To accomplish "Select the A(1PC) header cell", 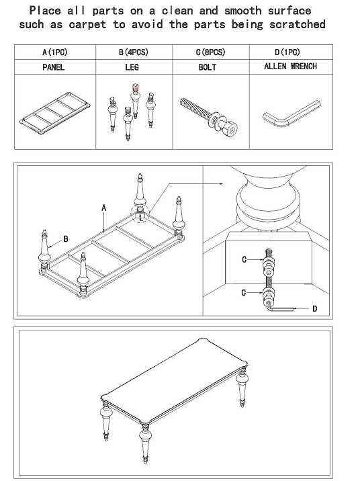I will (x=53, y=52).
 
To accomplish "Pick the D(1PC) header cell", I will (x=287, y=52).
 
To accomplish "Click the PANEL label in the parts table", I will (x=53, y=67).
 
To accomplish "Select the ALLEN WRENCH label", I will (x=290, y=67).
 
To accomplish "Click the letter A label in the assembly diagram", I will (x=104, y=208).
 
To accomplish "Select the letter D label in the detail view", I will (x=314, y=308).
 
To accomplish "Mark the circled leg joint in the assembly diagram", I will (x=140, y=216).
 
